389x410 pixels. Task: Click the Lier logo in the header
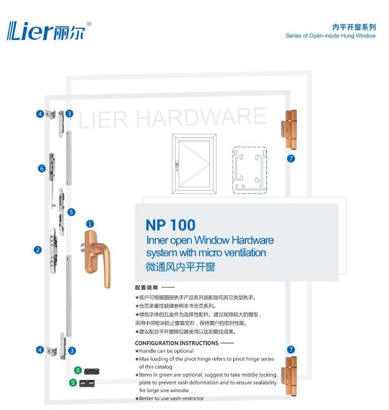click(x=49, y=31)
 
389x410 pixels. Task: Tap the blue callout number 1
click(x=90, y=224)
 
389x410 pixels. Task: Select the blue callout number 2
click(x=38, y=250)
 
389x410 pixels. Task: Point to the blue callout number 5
click(x=71, y=212)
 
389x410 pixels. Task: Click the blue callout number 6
click(x=42, y=168)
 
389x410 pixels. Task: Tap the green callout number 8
click(x=78, y=370)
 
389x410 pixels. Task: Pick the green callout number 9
click(x=73, y=383)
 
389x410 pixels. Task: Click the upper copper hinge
click(x=290, y=130)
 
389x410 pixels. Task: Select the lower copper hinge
click(x=290, y=376)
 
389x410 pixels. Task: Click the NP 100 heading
click(x=171, y=225)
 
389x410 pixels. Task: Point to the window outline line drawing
click(x=194, y=164)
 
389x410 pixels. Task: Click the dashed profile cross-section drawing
click(x=250, y=171)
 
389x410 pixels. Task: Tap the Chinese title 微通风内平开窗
click(x=180, y=267)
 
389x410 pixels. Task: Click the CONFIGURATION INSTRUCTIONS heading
click(x=177, y=343)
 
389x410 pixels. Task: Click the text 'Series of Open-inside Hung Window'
click(x=331, y=36)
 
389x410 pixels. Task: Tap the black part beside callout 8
click(x=91, y=371)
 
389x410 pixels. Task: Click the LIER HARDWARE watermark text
click(x=172, y=118)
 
